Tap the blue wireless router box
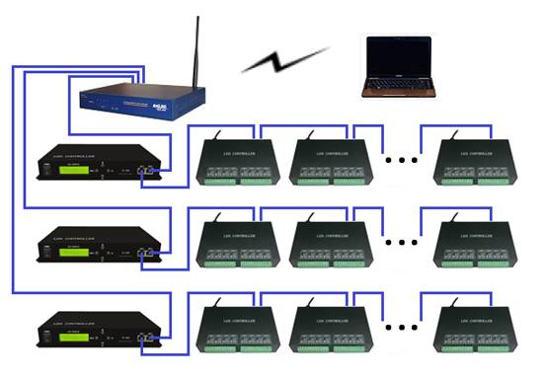(142, 99)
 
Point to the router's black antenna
(195, 50)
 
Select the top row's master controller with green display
(95, 167)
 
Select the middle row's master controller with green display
(95, 250)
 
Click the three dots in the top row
(403, 157)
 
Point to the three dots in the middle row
(403, 240)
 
